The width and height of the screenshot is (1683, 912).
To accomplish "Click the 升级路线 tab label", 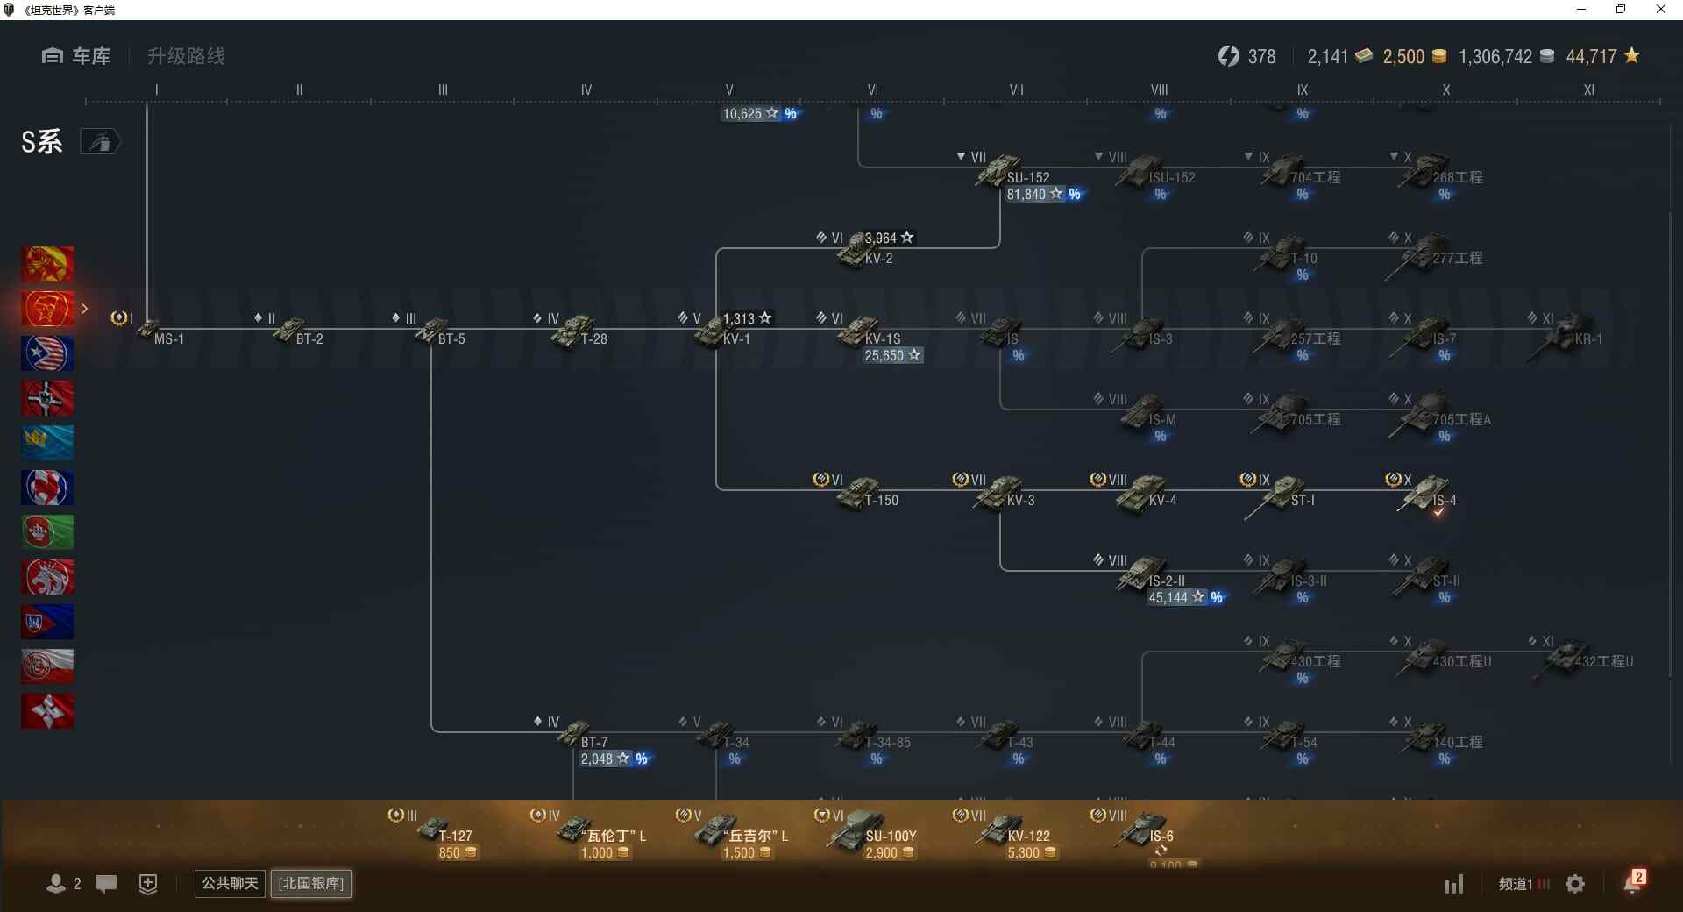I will click(x=186, y=56).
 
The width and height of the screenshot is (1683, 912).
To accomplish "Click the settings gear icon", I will click(x=1575, y=884).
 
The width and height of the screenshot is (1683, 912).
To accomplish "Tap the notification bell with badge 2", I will click(x=1633, y=883).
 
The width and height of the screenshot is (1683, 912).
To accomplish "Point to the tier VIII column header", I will click(x=1159, y=89).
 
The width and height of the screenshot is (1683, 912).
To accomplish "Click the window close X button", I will click(x=1660, y=10).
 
